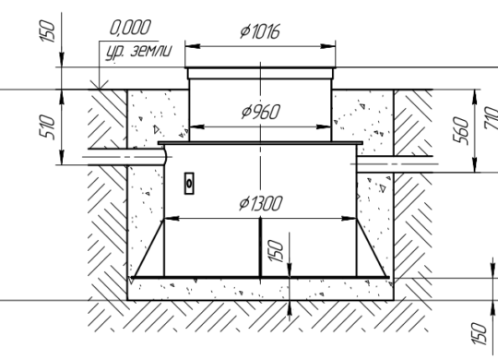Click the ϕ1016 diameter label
pyautogui.click(x=260, y=31)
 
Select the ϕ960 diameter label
pyautogui.click(x=261, y=112)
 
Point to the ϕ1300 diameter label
pyautogui.click(x=260, y=203)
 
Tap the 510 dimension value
pyautogui.click(x=47, y=127)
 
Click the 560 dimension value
pyautogui.click(x=460, y=131)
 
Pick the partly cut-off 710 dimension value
pyautogui.click(x=492, y=117)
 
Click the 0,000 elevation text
pyautogui.click(x=130, y=28)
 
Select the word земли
pyautogui.click(x=151, y=51)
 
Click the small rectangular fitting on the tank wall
pyautogui.click(x=189, y=183)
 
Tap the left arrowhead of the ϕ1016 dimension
pyautogui.click(x=193, y=46)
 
